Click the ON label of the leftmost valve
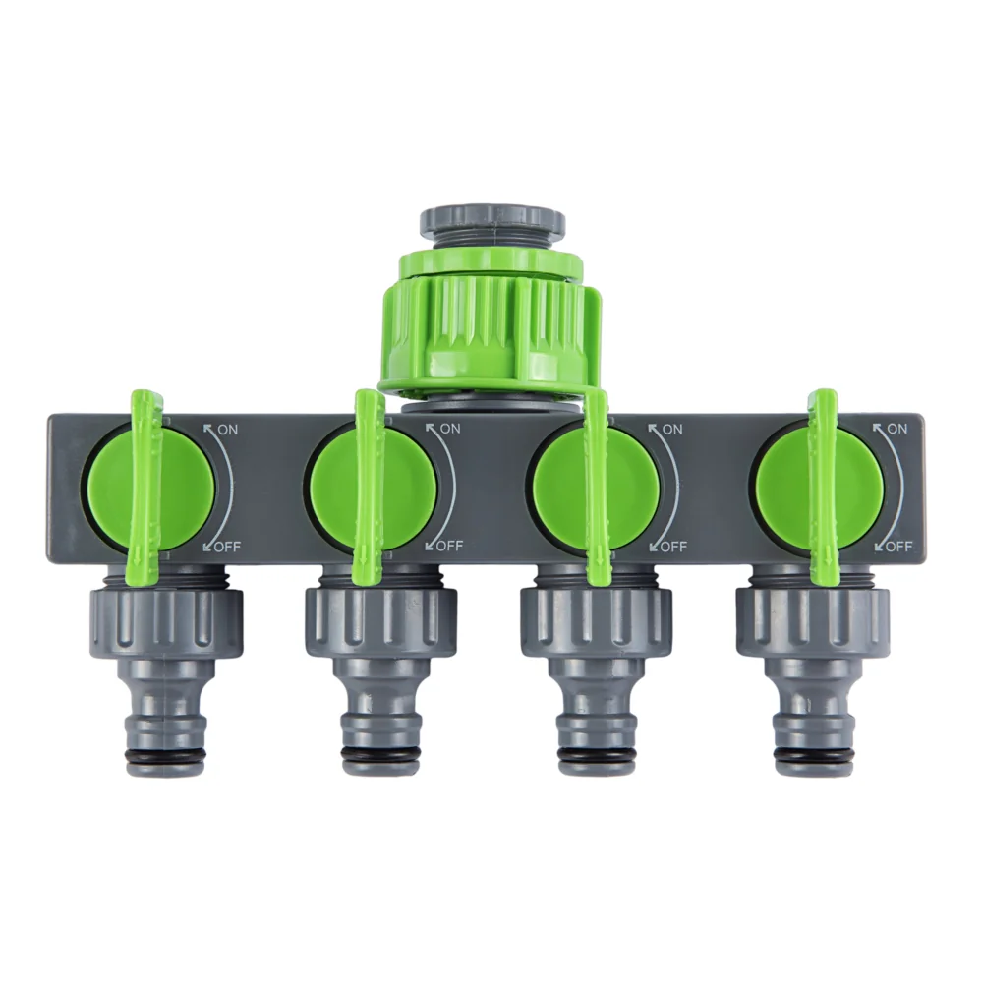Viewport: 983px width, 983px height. [228, 431]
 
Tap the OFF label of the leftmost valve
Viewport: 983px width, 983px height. [228, 548]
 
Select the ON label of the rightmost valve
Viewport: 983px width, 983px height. [897, 429]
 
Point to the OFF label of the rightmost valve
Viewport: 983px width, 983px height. [898, 547]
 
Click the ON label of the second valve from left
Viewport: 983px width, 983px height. [449, 429]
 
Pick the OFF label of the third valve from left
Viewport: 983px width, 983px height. [674, 547]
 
